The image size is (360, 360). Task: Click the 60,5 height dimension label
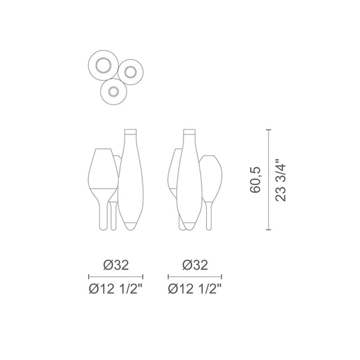click(x=255, y=180)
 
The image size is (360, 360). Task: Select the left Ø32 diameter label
click(x=116, y=265)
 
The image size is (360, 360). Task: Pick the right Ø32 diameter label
click(x=195, y=265)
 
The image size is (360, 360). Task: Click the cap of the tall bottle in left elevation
click(x=130, y=132)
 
